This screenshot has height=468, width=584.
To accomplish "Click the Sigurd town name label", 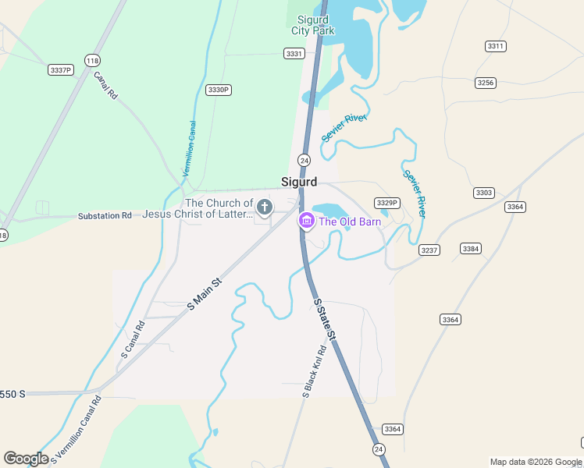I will point(299,182).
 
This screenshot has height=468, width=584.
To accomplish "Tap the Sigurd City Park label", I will point(313,25).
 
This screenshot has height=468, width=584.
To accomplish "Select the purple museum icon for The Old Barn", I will point(306,222).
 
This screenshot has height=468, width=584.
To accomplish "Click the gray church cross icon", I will point(265,207).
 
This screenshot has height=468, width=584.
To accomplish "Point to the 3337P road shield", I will point(60,70).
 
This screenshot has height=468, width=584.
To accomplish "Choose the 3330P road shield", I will point(219,90).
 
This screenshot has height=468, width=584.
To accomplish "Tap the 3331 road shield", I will point(294,53).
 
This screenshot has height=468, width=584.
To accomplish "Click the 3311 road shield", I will point(496,46).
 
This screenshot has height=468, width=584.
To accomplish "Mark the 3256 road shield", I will point(485,82).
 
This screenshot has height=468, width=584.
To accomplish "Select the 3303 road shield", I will point(484,192).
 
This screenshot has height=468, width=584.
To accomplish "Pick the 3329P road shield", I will point(386,203).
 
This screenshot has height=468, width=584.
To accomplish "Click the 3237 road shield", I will point(429,250).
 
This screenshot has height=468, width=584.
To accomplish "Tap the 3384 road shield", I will point(470,248).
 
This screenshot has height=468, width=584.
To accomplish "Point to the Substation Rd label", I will point(105,215).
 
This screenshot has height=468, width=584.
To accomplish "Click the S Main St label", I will point(205,294).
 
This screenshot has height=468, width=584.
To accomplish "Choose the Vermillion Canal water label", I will point(188,148).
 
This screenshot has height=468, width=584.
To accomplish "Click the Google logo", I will point(26,459).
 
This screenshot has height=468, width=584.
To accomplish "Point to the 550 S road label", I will point(12,394).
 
